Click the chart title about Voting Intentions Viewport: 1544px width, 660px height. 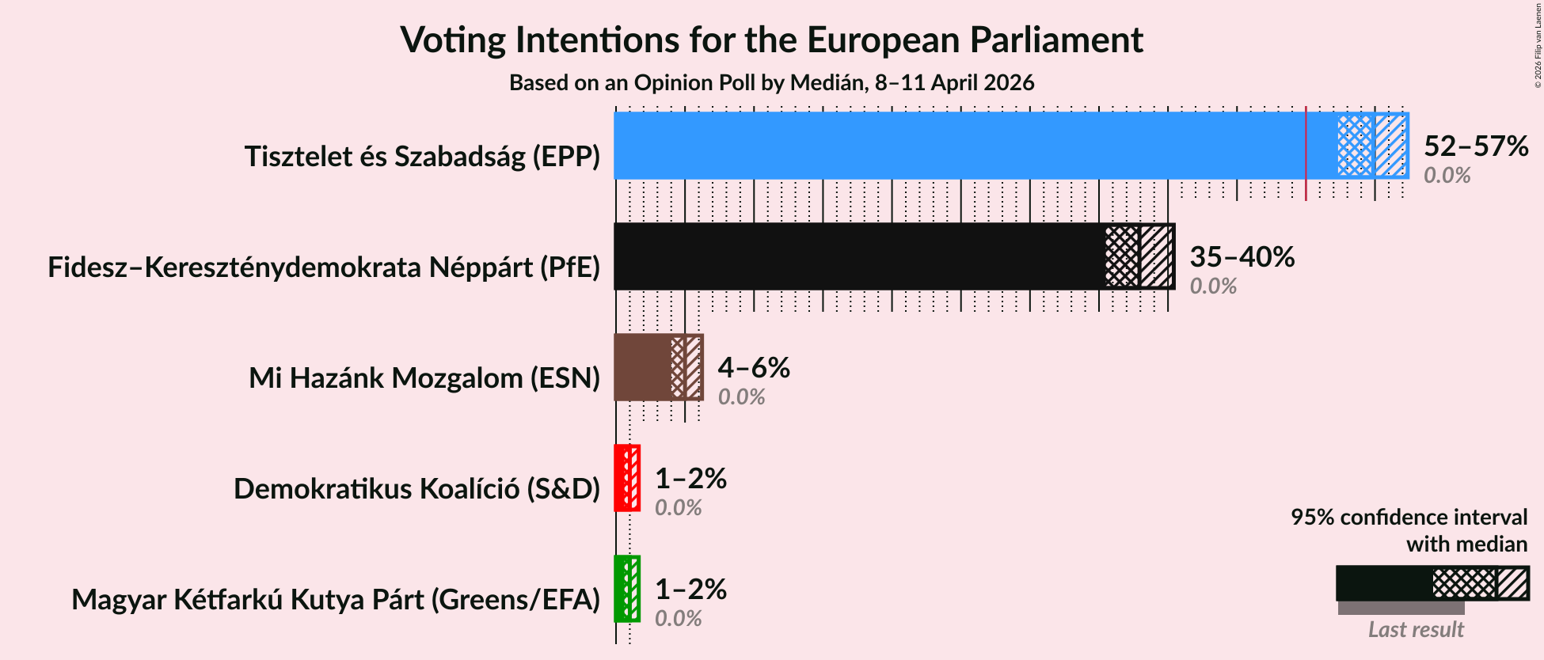(771, 40)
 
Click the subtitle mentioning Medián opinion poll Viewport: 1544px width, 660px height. (771, 82)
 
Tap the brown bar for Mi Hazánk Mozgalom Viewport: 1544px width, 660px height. (641, 367)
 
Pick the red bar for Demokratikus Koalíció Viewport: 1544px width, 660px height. (620, 478)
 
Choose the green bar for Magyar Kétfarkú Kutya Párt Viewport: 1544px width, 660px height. (620, 589)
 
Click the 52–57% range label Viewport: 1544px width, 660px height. (1475, 146)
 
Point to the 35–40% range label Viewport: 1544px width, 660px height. (1242, 256)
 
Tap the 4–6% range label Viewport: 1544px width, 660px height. (753, 367)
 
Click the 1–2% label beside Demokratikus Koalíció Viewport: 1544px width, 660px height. (690, 478)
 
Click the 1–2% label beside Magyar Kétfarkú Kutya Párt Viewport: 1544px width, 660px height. (690, 589)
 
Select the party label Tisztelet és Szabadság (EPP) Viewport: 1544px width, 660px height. (422, 157)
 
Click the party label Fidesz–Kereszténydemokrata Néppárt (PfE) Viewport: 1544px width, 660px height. (324, 267)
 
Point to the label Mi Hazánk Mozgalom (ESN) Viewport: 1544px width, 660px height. (424, 378)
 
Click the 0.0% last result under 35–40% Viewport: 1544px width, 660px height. (1213, 286)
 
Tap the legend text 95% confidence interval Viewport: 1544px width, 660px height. (1409, 517)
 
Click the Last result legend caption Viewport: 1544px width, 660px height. (1416, 629)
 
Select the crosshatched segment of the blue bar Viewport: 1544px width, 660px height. (1355, 146)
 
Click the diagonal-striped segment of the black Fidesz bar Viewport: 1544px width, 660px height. (1156, 256)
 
